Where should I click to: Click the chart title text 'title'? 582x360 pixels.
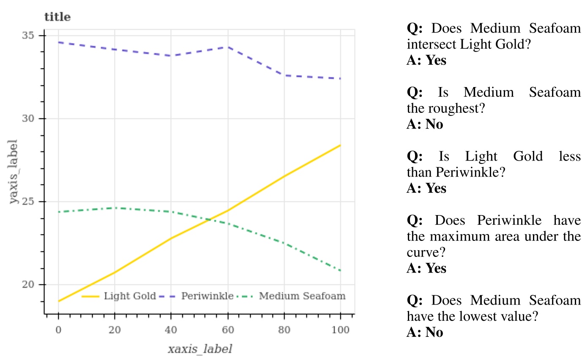57,17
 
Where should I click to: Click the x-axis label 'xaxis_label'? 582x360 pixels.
200,349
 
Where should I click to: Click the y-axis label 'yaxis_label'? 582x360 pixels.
14,171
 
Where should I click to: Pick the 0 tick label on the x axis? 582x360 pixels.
58,330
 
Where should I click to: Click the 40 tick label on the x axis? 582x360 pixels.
171,330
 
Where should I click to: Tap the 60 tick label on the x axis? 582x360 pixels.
227,330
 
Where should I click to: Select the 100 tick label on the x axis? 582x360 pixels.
340,330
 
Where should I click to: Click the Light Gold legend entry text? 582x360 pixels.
130,296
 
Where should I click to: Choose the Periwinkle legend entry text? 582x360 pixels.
207,296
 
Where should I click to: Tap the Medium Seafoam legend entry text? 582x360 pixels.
302,296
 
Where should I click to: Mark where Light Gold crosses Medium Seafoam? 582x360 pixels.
210,219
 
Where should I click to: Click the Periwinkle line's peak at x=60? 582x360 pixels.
227,47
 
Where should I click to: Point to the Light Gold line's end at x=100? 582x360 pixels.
340,145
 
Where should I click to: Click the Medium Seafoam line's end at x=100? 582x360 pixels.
340,270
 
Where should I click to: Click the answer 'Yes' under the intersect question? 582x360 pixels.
426,60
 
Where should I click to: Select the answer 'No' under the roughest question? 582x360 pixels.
424,125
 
